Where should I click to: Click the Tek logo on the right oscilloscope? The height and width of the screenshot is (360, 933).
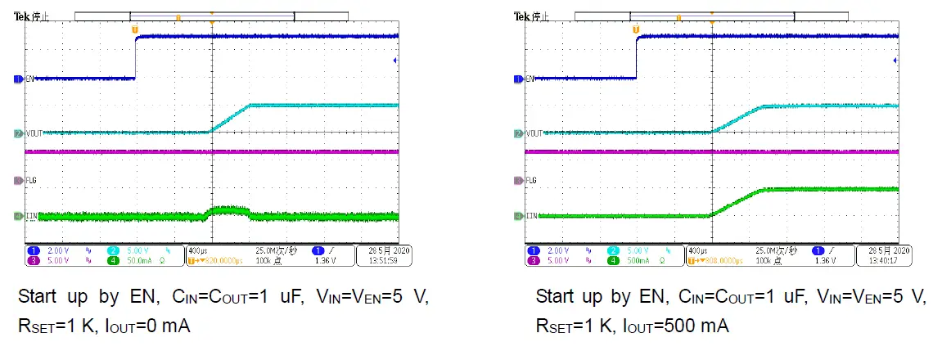click(521, 16)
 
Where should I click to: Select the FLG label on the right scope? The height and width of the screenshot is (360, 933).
click(530, 179)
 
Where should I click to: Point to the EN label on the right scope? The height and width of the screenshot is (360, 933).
click(528, 79)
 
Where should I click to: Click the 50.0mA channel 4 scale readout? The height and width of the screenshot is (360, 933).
click(135, 261)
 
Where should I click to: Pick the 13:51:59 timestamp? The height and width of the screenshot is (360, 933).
click(385, 261)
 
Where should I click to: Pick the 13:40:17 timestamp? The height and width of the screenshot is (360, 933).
click(886, 261)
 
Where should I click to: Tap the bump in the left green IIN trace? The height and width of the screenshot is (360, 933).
click(231, 210)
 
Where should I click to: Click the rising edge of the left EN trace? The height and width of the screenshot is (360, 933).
click(135, 57)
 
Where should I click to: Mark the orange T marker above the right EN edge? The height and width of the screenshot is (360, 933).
click(636, 29)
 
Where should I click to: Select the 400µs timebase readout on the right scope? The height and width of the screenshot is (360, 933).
click(698, 250)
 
